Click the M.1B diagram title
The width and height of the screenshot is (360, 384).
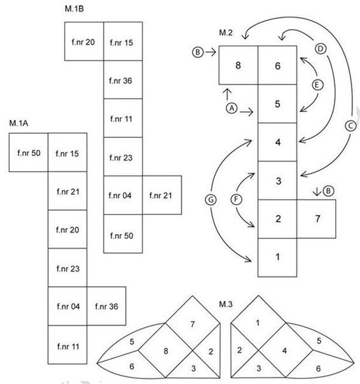pyautogui.click(x=74, y=9)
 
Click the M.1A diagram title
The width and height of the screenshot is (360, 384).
pyautogui.click(x=18, y=123)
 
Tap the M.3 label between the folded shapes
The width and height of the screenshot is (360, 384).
pyautogui.click(x=225, y=304)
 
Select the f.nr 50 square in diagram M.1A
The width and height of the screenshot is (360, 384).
pyautogui.click(x=29, y=153)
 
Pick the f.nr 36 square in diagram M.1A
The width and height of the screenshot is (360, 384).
pyautogui.click(x=107, y=306)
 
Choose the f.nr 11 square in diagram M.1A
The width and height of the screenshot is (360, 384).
pyautogui.click(x=67, y=345)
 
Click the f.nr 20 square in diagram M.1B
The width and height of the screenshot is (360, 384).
pyautogui.click(x=84, y=41)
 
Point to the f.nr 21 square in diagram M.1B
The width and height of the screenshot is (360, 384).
pyautogui.click(x=162, y=195)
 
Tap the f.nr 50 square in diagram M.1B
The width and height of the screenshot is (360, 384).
pyautogui.click(x=123, y=234)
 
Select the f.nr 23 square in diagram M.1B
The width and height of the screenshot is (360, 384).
pyautogui.click(x=123, y=156)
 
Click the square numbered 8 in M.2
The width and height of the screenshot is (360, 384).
pyautogui.click(x=239, y=65)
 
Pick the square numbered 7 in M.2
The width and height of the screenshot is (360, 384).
pyautogui.click(x=316, y=219)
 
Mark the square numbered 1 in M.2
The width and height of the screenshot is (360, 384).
pyautogui.click(x=277, y=257)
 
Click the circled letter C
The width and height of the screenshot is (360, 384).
pyautogui.click(x=350, y=126)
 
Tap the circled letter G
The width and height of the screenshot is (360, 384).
pyautogui.click(x=211, y=200)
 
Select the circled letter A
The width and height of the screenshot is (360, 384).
pyautogui.click(x=232, y=108)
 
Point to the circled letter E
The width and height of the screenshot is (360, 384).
pyautogui.click(x=317, y=85)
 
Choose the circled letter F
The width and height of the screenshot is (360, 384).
pyautogui.click(x=236, y=200)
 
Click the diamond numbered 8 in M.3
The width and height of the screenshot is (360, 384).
pyautogui.click(x=165, y=350)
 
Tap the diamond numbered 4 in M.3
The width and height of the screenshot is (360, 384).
pyautogui.click(x=286, y=350)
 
